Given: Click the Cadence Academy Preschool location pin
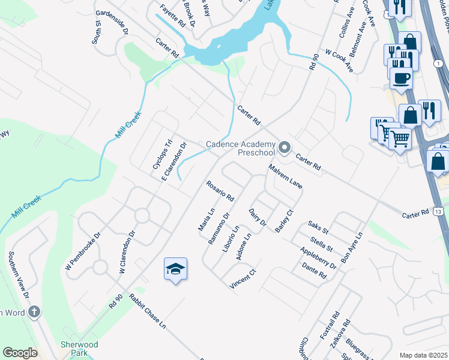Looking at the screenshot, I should pyautogui.click(x=285, y=147).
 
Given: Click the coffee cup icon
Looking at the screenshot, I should pyautogui.click(x=401, y=78).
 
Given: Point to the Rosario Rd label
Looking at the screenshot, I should pyautogui.click(x=220, y=191).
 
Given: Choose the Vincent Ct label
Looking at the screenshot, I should pyautogui.click(x=243, y=280).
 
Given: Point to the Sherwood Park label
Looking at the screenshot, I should pyautogui.click(x=79, y=349).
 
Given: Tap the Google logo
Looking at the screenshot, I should pyautogui.click(x=20, y=353).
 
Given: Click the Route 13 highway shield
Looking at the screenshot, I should pyautogui.click(x=440, y=211).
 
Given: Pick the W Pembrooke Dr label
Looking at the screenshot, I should pyautogui.click(x=79, y=247).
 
